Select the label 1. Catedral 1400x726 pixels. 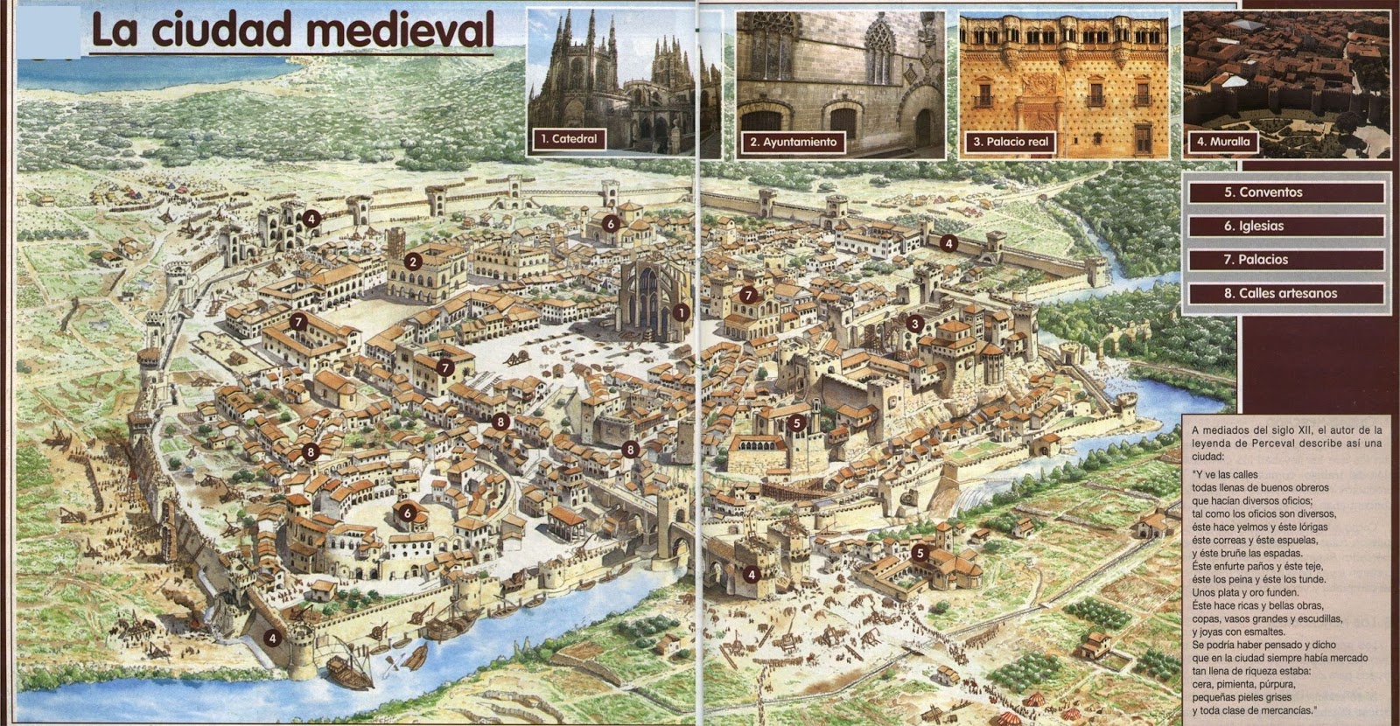tap(569, 139)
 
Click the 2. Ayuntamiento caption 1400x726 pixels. tap(794, 142)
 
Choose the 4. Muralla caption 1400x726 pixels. tap(1223, 141)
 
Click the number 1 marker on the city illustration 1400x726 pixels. tap(681, 312)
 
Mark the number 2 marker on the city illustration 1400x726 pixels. tap(414, 260)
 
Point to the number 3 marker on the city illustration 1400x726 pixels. tap(914, 324)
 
